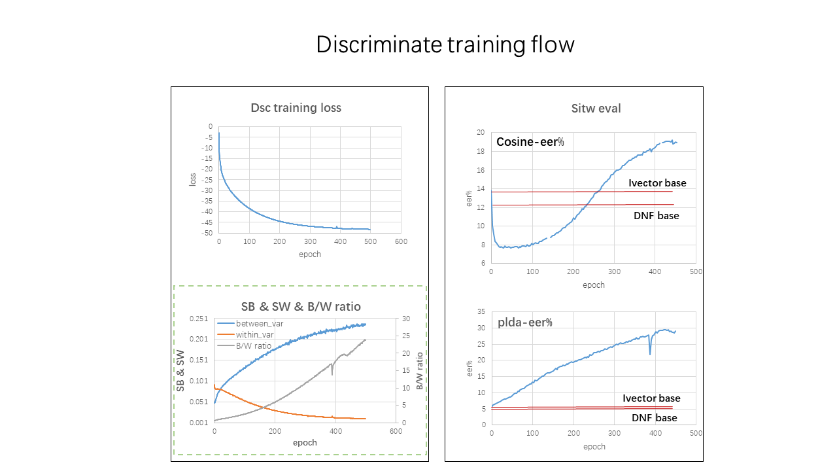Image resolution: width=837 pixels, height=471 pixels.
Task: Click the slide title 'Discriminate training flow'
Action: point(445,44)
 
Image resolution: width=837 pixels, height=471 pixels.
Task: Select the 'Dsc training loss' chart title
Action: point(296,108)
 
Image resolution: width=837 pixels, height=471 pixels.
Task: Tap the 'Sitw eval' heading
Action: point(596,109)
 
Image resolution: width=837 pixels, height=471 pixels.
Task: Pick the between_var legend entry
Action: point(260,324)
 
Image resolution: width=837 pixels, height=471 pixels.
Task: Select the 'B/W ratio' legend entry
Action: point(254,346)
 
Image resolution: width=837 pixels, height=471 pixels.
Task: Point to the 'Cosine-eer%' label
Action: point(530,142)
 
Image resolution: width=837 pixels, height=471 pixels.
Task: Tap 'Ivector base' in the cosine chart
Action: point(657,183)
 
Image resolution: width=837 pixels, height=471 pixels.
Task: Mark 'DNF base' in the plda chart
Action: point(654,417)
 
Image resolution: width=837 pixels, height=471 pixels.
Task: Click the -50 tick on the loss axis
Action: point(207,233)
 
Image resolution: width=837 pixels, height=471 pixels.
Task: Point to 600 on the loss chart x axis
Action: point(401,242)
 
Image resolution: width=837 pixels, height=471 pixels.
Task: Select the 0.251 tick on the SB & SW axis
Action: point(199,319)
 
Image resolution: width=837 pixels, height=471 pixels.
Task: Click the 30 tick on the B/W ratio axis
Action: point(405,319)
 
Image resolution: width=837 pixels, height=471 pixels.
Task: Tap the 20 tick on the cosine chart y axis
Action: point(480,133)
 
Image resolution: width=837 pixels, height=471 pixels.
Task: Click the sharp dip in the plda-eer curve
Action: point(650,353)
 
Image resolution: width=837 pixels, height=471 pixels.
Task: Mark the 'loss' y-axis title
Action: point(193,179)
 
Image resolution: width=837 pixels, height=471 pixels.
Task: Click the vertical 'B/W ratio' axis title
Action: point(420,371)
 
